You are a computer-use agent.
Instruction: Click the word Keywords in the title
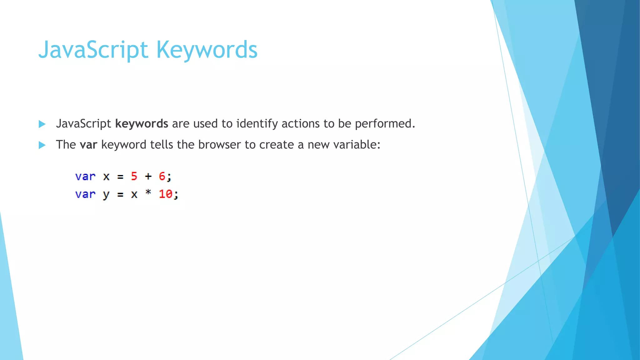(207, 50)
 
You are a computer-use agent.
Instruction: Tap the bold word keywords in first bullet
(142, 124)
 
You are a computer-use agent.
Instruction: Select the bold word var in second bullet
(88, 145)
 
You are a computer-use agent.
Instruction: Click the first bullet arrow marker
(42, 124)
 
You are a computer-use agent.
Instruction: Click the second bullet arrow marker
(42, 145)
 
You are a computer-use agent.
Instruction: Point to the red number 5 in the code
(134, 176)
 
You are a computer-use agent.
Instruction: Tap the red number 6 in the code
(162, 176)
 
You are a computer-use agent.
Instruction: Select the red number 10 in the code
(165, 194)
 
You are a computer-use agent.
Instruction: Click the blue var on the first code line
(85, 177)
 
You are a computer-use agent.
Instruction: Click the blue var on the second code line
(85, 194)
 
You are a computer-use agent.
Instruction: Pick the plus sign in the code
(148, 177)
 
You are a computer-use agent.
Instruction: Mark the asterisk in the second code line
(148, 192)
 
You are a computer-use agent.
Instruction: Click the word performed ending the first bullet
(385, 124)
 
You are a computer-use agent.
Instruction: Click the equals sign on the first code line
(120, 177)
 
